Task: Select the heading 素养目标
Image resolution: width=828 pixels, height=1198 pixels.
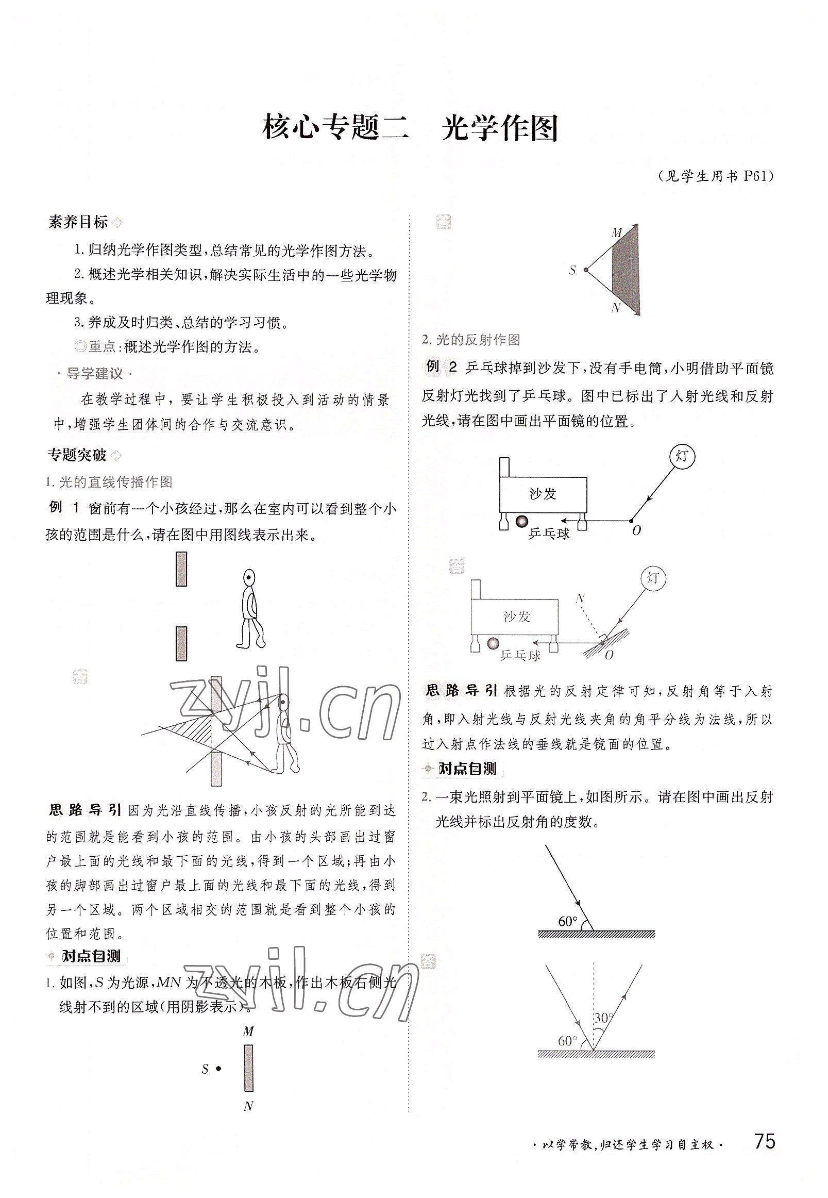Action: point(78,222)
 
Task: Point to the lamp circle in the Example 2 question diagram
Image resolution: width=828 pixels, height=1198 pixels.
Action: point(682,456)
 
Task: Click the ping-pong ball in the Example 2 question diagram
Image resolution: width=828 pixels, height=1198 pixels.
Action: point(521,521)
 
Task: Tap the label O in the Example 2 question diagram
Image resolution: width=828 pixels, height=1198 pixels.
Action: point(636,530)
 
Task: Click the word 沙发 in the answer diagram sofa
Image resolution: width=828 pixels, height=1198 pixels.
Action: point(517,616)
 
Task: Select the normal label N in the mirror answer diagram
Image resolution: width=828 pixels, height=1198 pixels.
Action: point(581,598)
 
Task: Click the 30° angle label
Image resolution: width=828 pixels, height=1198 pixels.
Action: point(603,1018)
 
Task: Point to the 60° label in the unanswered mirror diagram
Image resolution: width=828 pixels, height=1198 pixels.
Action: point(568,921)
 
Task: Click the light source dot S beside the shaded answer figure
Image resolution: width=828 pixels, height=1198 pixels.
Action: point(586,270)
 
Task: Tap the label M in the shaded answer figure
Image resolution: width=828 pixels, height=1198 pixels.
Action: point(616,232)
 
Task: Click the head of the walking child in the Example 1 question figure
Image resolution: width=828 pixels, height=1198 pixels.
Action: point(249,576)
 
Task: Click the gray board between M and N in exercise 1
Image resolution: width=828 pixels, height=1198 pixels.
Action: point(248,1068)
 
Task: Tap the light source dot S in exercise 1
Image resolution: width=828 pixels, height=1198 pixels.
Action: point(219,1068)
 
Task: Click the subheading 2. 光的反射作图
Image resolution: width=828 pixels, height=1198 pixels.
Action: point(471,340)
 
